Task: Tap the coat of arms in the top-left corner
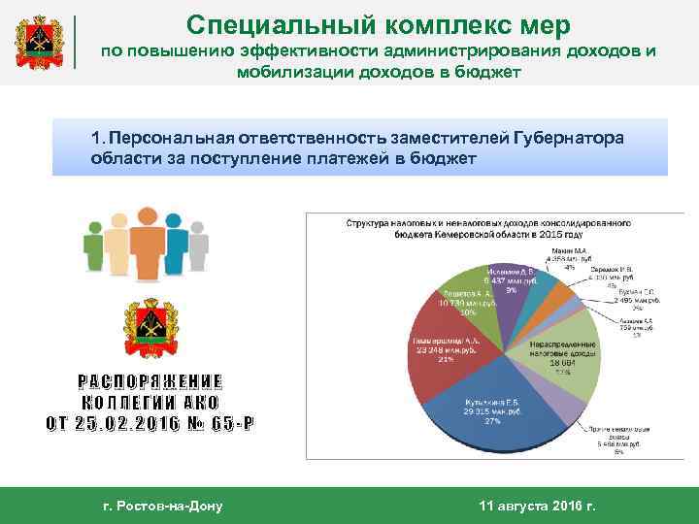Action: point(41,44)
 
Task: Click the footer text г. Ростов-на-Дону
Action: point(162,506)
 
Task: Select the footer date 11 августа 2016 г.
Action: point(539,506)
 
